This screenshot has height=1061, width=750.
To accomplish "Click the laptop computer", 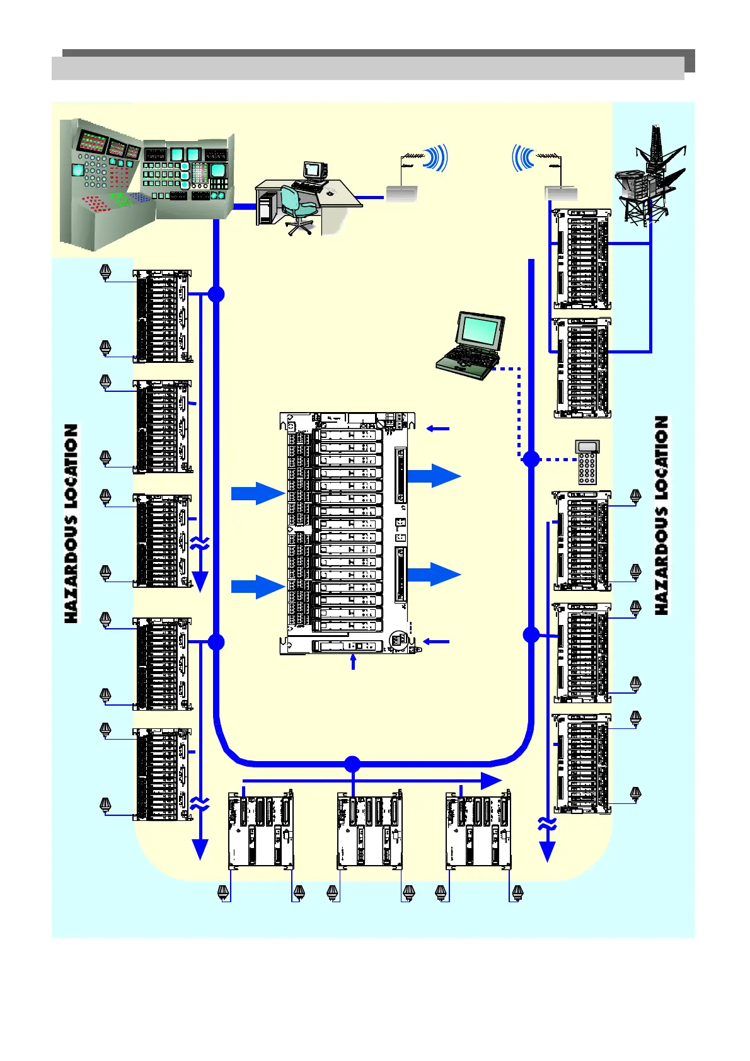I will (x=471, y=345).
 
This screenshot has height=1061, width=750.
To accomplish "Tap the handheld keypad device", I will (x=587, y=462).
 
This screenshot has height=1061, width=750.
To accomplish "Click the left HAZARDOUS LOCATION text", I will (x=72, y=523).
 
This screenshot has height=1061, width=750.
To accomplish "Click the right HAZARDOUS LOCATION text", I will (x=661, y=515).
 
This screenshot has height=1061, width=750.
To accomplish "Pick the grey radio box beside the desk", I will (x=401, y=194).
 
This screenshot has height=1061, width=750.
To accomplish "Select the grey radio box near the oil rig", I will (x=561, y=193).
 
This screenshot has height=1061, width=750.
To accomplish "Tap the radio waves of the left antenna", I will (x=437, y=158).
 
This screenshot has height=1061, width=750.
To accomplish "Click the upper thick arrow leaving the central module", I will (x=435, y=476).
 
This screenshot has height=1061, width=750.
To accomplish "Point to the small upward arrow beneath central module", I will (x=353, y=662).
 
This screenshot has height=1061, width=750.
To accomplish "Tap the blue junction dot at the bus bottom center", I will (x=352, y=764).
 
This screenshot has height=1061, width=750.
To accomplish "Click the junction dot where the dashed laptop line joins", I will (x=531, y=459).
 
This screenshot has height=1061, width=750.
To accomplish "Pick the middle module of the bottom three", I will (x=369, y=830).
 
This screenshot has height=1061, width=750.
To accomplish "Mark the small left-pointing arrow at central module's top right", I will (x=438, y=429).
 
